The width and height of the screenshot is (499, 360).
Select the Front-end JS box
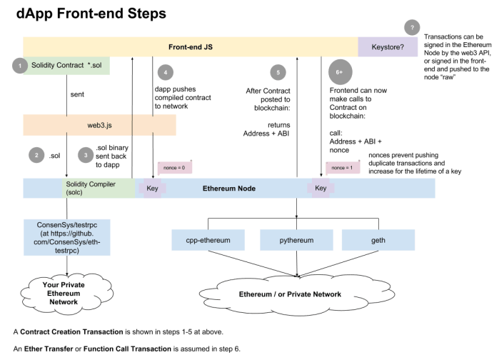[190, 46]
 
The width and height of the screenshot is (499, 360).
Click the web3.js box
[99, 125]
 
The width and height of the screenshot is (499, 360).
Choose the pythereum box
[296, 241]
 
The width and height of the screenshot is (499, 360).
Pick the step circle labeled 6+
[340, 73]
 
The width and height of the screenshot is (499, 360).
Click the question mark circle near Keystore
[412, 28]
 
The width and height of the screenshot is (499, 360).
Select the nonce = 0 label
[173, 167]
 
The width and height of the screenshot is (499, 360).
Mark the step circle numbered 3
[86, 154]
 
